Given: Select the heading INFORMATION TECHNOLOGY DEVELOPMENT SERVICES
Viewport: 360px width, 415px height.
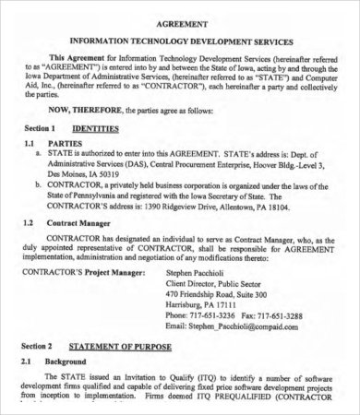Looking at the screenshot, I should pos(181,41).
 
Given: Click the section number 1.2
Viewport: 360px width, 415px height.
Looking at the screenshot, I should pos(29,223).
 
